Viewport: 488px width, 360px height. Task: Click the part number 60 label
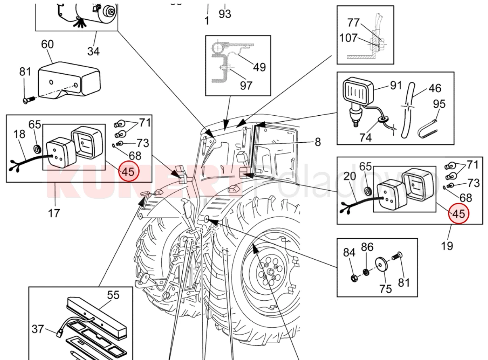pyautogui.click(x=48, y=45)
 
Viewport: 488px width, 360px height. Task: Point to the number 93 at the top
pyautogui.click(x=225, y=14)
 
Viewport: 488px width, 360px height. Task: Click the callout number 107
pyautogui.click(x=348, y=38)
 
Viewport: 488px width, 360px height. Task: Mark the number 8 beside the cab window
pyautogui.click(x=318, y=142)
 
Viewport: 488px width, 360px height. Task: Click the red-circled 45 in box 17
pyautogui.click(x=128, y=172)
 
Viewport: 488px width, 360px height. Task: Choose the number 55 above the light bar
pyautogui.click(x=113, y=295)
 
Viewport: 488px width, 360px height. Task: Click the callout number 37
pyautogui.click(x=38, y=329)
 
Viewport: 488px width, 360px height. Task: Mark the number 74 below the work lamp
pyautogui.click(x=365, y=137)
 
